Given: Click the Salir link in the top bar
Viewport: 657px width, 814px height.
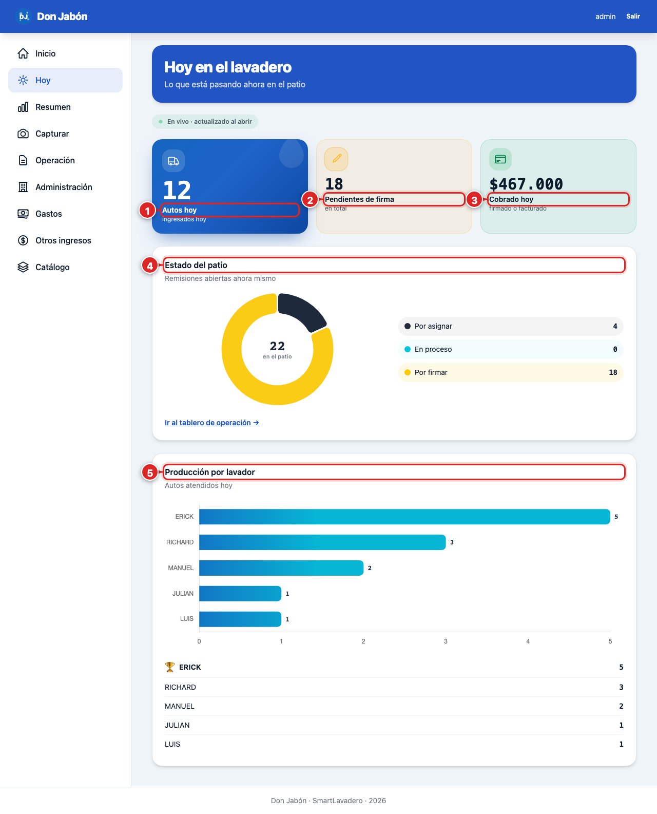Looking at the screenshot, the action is [633, 16].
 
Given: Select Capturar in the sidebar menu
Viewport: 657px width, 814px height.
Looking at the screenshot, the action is [52, 134].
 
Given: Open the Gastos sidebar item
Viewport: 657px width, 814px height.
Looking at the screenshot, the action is [49, 214].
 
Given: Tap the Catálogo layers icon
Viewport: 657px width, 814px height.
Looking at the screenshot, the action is [23, 267].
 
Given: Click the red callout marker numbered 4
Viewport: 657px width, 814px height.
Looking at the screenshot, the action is [150, 266].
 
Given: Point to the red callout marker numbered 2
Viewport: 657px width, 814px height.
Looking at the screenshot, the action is [310, 200].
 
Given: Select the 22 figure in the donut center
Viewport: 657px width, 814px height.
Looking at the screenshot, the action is [277, 346].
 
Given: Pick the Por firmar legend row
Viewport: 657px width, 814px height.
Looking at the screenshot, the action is [511, 372].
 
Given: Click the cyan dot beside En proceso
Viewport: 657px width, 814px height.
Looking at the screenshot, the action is [408, 349].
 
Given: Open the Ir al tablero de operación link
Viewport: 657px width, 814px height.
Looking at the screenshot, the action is [211, 423].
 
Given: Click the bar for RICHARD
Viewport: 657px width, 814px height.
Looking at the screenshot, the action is [322, 542].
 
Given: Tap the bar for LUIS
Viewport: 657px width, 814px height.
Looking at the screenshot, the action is [240, 619].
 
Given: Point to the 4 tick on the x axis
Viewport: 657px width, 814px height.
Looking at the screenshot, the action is [528, 641].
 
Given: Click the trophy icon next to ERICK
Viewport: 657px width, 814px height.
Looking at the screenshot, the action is [169, 667].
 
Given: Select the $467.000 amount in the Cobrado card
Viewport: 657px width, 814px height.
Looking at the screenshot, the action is [526, 184].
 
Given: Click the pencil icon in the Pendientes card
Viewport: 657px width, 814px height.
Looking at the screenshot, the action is [336, 159].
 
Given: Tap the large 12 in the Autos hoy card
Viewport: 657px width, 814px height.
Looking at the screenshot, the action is [177, 190].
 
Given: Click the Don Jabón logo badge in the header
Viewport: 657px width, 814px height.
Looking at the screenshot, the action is [23, 16].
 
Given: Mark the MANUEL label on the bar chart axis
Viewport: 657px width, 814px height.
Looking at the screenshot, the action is [181, 568].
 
